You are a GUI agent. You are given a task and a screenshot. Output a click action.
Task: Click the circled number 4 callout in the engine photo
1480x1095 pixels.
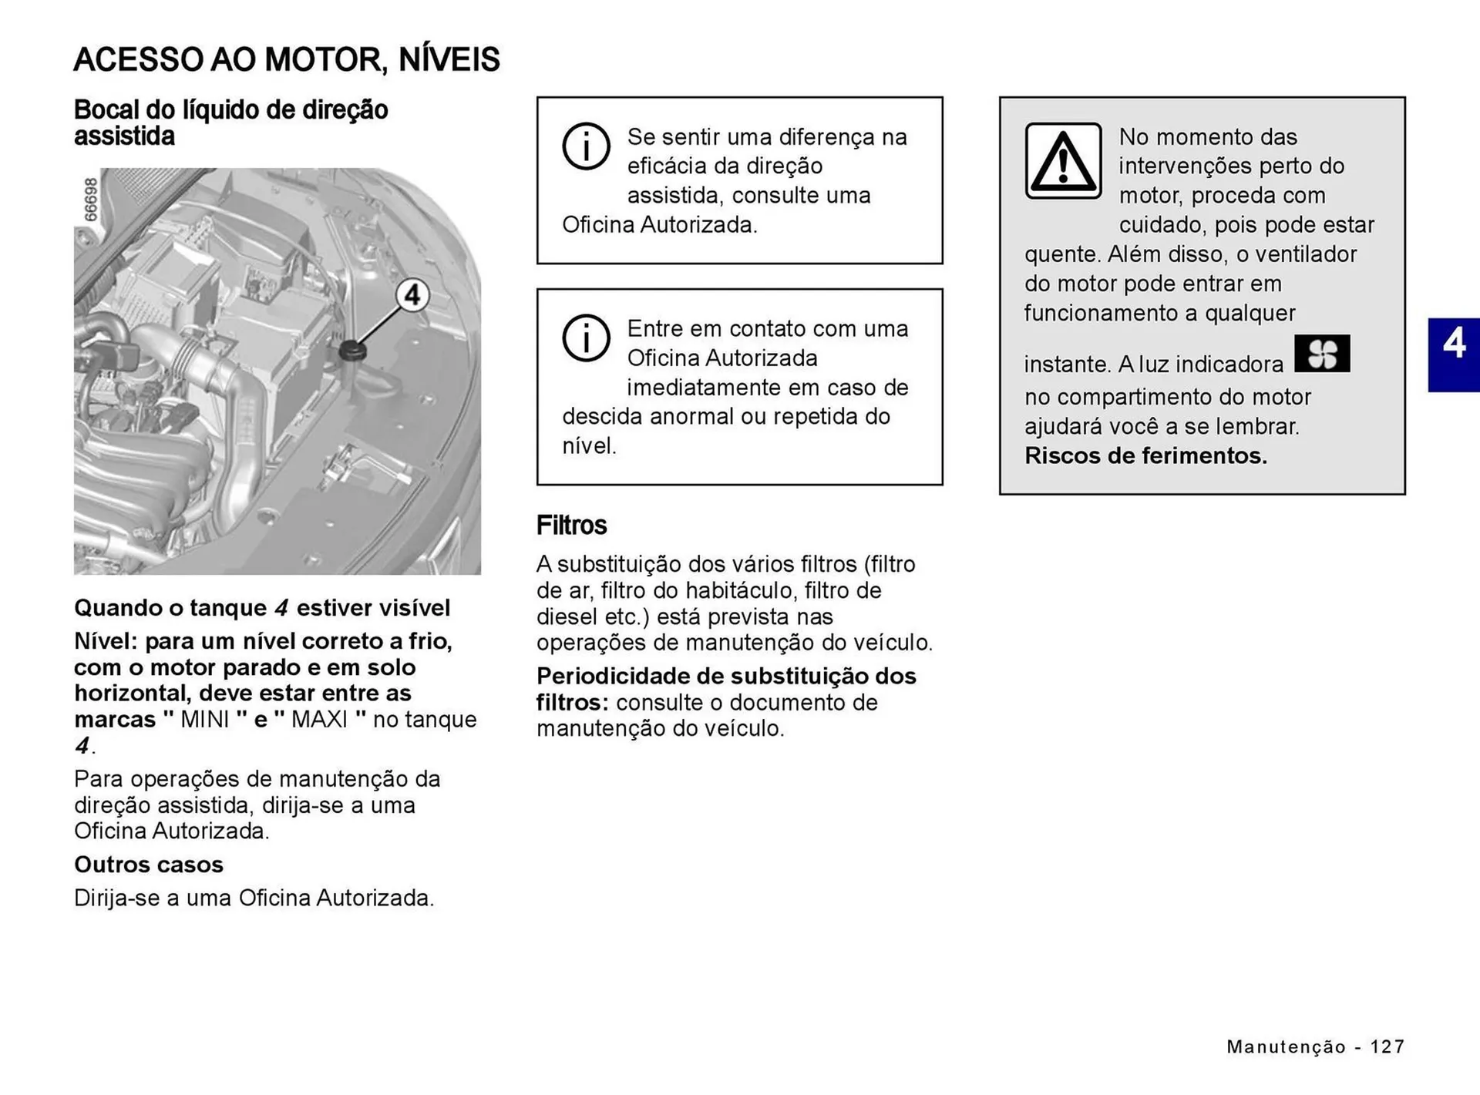point(412,295)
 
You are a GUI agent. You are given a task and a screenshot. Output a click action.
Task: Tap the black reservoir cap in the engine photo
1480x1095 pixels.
point(351,351)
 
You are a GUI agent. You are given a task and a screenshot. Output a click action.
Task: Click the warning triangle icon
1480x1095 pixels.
point(1063,161)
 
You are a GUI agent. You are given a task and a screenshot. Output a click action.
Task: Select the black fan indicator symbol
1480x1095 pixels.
point(1322,354)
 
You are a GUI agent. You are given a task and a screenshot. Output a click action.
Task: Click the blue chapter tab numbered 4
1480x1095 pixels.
point(1454,354)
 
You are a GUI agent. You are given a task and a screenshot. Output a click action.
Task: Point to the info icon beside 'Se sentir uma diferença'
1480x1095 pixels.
point(586,146)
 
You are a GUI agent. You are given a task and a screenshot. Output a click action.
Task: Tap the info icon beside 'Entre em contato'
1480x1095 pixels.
point(586,338)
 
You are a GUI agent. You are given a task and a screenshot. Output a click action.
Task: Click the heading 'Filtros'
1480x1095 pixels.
point(571,526)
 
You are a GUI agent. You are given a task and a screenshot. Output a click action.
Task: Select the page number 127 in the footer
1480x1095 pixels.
point(1387,1046)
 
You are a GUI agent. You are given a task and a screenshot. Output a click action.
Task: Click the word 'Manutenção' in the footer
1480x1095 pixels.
point(1286,1046)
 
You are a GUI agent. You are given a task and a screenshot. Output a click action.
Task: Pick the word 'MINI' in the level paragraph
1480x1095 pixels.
point(205,720)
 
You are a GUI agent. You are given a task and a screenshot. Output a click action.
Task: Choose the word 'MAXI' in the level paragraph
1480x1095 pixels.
point(319,720)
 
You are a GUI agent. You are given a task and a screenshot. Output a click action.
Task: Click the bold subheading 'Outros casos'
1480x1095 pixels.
point(149,865)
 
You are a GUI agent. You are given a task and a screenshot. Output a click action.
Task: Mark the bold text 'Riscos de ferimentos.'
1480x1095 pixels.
point(1145,456)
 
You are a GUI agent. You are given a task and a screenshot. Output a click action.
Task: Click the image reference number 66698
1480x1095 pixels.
point(91,200)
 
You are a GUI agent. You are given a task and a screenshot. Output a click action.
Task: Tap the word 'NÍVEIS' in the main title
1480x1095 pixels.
point(449,59)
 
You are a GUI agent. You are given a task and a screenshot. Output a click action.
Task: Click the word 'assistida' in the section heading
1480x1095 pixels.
point(124,136)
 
